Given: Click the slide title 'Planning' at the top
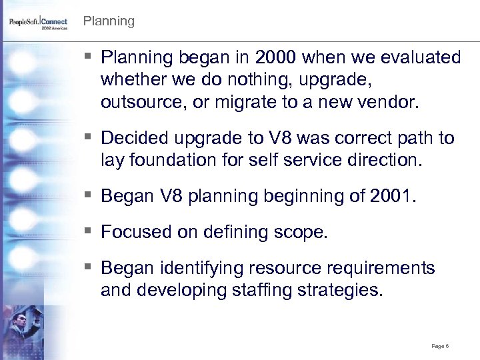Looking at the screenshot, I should [109, 21].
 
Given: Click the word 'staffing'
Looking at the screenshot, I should [255, 290].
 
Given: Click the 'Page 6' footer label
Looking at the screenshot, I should [439, 346].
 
